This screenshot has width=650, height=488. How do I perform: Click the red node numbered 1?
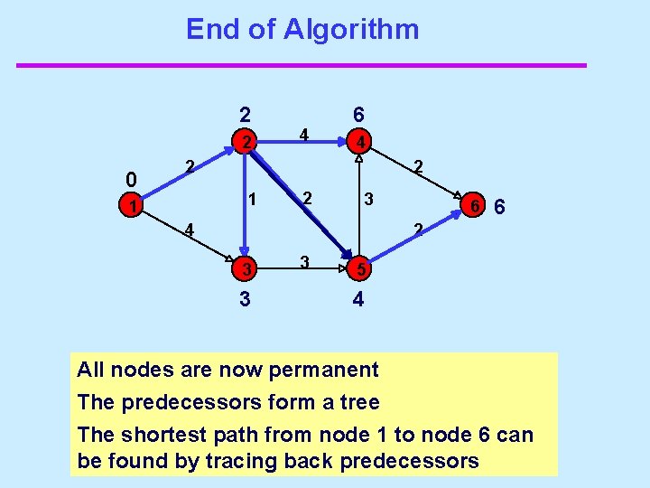click(132, 207)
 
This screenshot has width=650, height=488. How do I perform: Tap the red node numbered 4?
click(358, 143)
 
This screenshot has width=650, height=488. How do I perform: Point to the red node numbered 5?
click(358, 269)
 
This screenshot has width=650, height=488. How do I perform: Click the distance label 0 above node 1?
click(132, 178)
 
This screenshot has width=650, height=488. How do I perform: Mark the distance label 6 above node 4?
click(358, 115)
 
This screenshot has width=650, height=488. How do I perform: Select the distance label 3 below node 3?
click(245, 299)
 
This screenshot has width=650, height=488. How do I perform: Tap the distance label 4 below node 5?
click(358, 299)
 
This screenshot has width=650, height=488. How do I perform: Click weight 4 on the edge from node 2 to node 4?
click(305, 135)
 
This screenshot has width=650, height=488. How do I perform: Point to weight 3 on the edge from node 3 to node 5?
click(305, 262)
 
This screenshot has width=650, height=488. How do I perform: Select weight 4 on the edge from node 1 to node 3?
click(189, 230)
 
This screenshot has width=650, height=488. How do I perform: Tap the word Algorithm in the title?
click(351, 30)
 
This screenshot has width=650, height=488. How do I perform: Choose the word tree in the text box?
click(359, 402)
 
